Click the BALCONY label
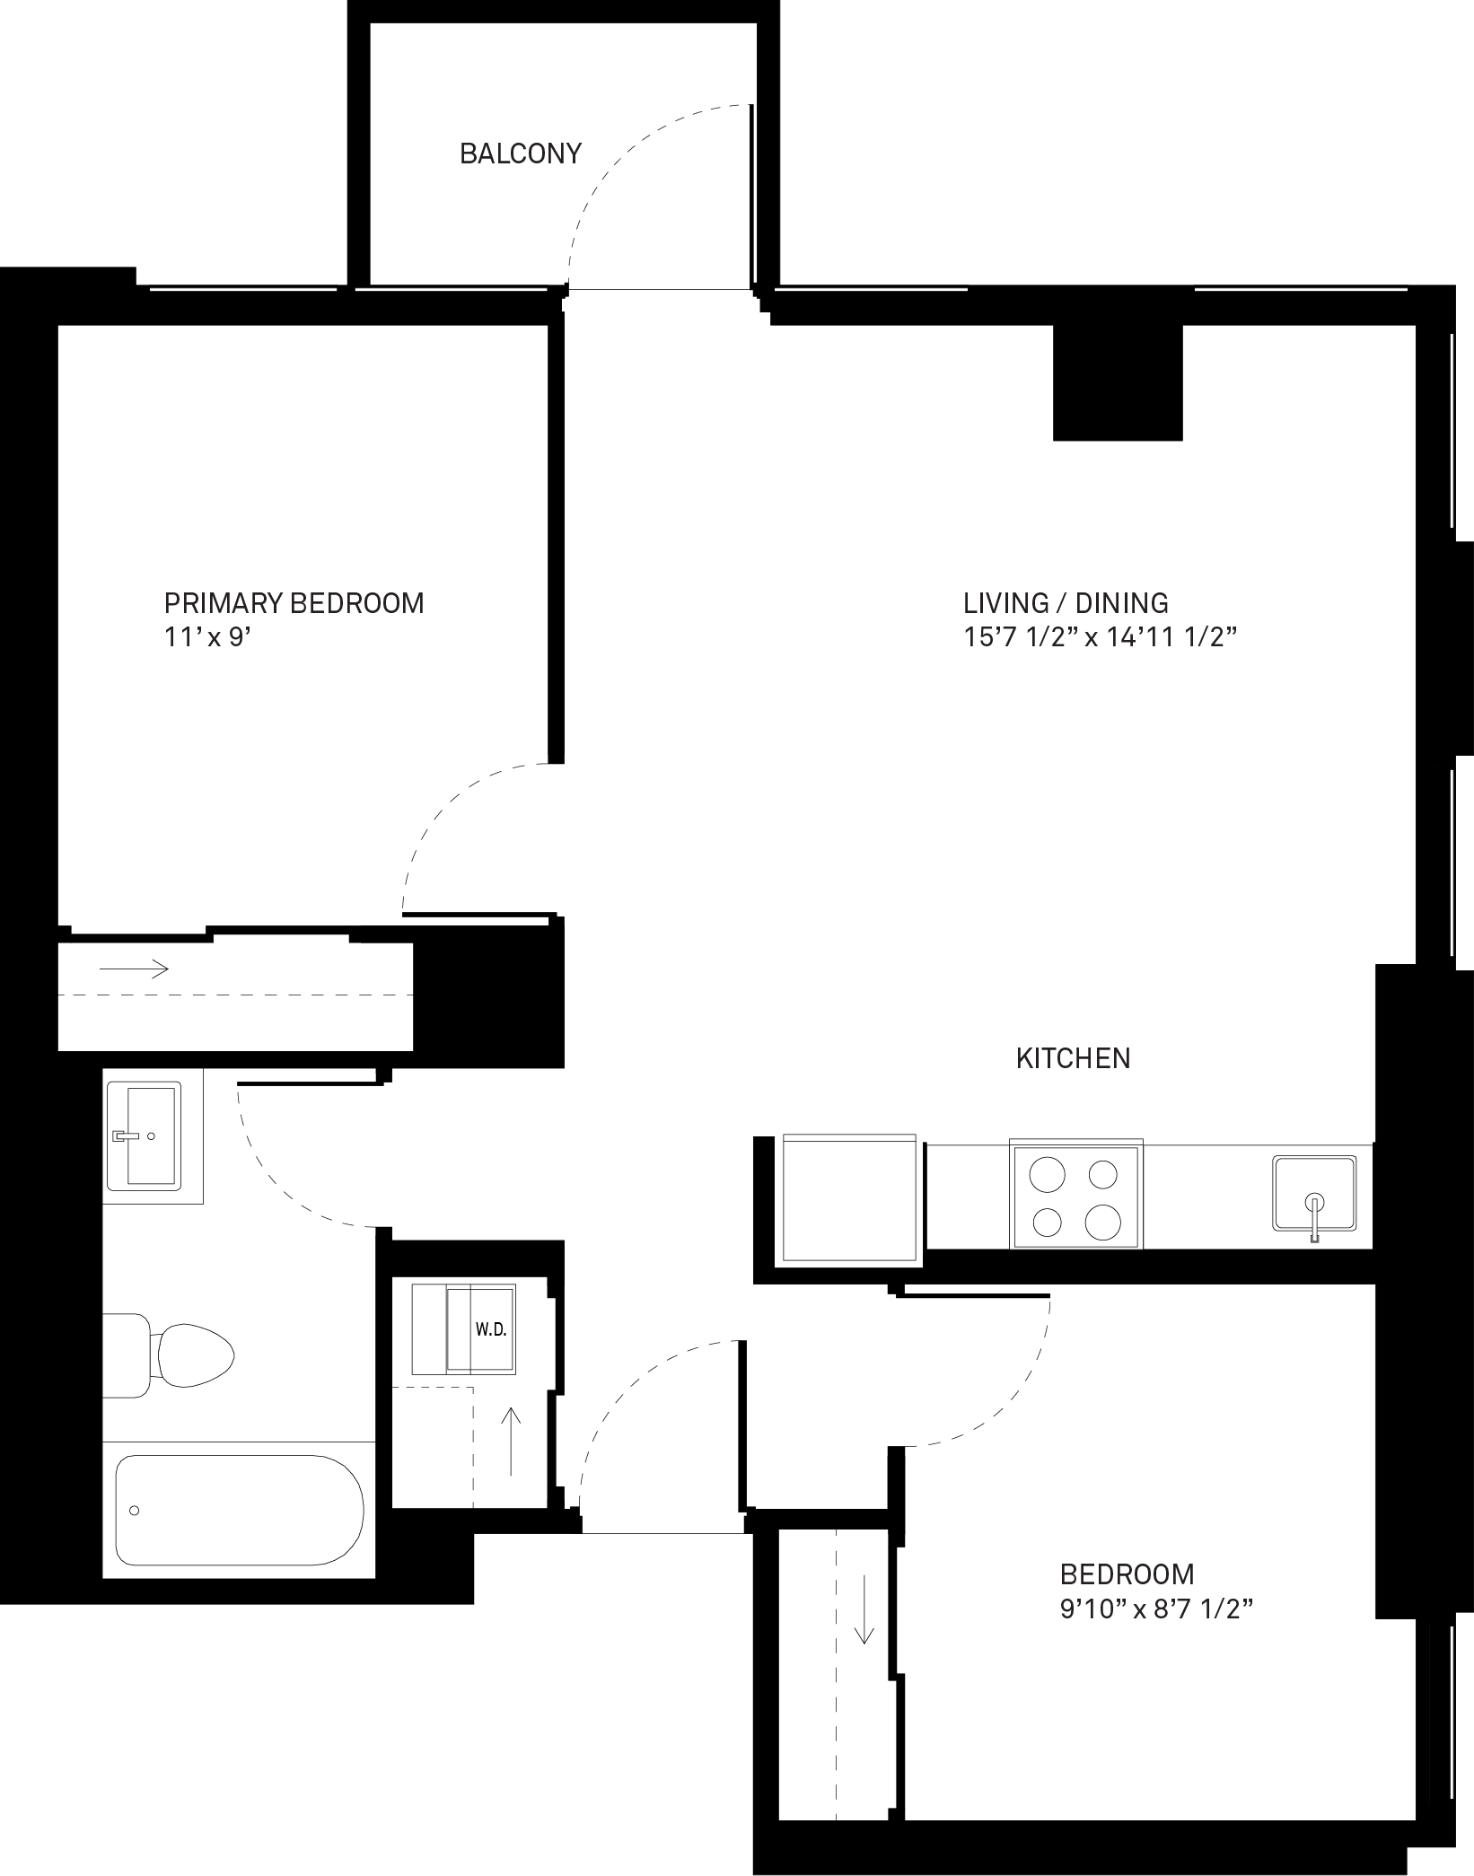(521, 153)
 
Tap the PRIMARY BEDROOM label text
(294, 602)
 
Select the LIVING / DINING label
(1066, 602)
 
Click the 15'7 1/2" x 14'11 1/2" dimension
(1101, 638)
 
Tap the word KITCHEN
(1073, 1058)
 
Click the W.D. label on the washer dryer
(491, 1329)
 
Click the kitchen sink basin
(1314, 1194)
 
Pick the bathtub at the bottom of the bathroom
(240, 1510)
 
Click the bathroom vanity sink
(144, 1135)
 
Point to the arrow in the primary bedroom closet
(134, 968)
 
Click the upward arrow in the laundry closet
(511, 1442)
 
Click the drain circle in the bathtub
(135, 1511)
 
